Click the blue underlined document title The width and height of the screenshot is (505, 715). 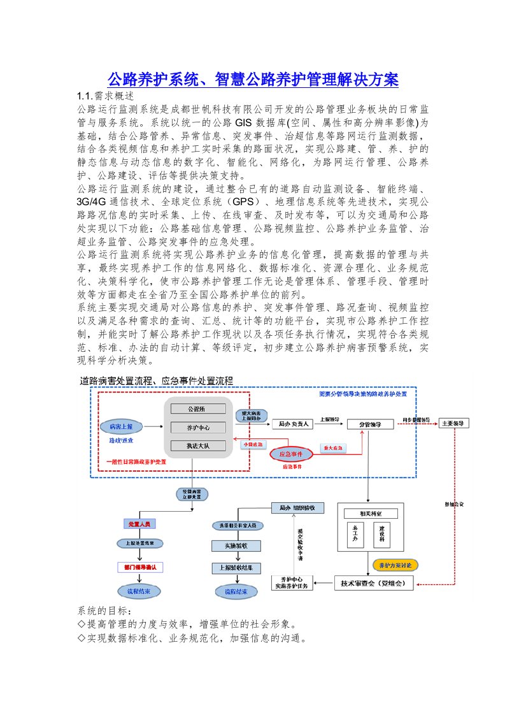(252, 80)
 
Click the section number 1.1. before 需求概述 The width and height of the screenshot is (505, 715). (85, 96)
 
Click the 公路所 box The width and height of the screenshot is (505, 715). (196, 408)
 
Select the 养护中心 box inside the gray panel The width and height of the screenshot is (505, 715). (196, 427)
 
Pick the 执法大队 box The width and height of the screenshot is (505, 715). (196, 446)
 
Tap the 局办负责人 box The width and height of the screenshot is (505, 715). (293, 423)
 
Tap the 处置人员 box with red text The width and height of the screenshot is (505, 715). (138, 524)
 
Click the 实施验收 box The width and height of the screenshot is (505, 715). (236, 546)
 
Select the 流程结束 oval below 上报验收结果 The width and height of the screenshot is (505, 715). (236, 591)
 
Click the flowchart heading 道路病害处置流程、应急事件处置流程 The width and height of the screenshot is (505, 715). (156, 381)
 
